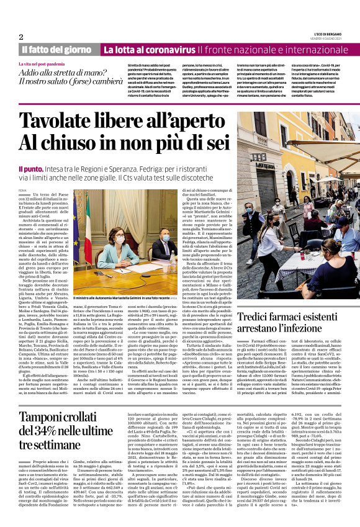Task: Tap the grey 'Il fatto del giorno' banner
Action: pyautogui.click(x=56, y=49)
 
